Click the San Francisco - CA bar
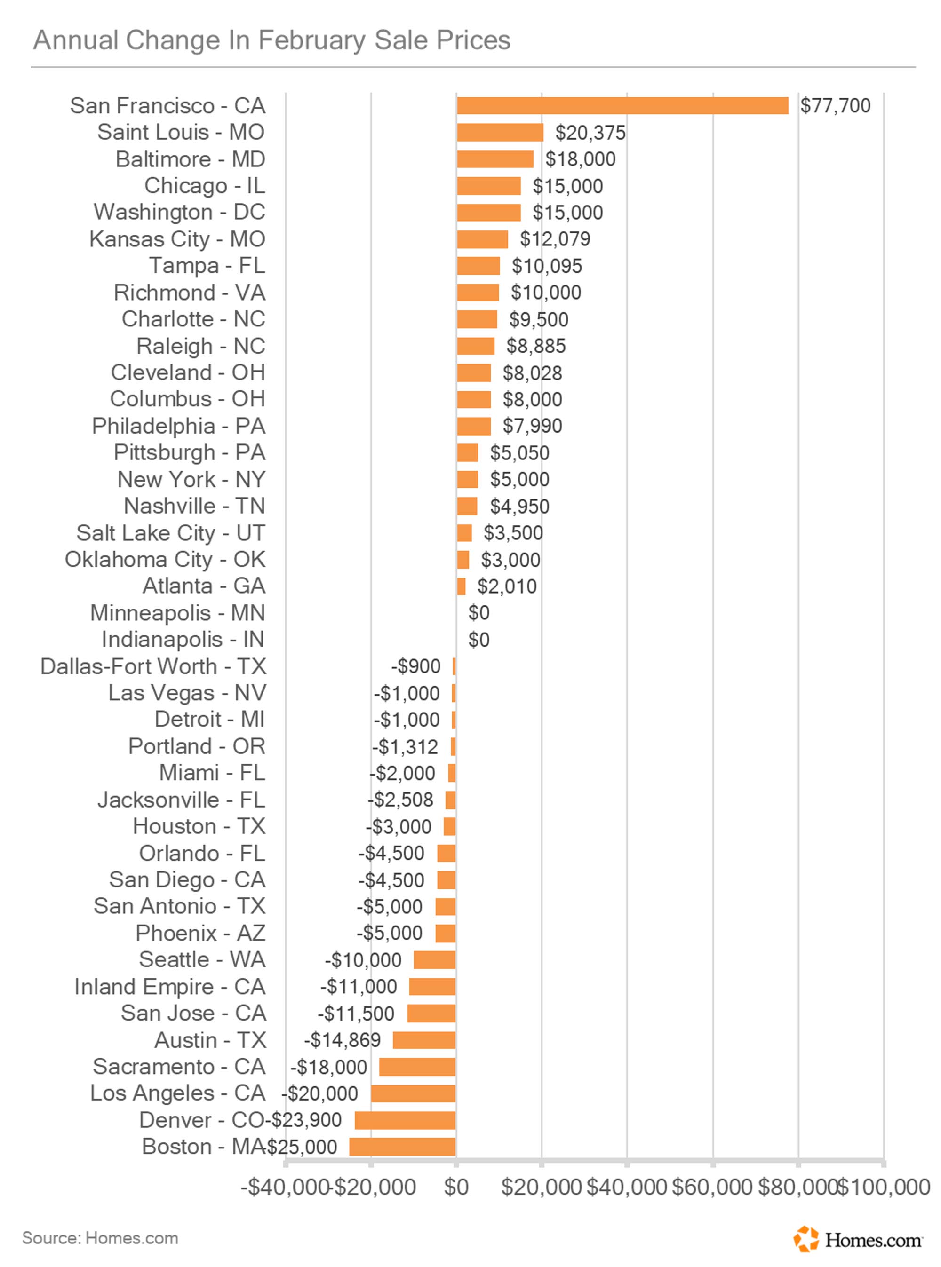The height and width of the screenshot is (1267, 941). pos(622,105)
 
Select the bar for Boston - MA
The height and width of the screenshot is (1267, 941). pos(402,1146)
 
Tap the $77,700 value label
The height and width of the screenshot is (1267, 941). pos(835,105)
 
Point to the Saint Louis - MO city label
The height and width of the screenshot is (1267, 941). pos(181,132)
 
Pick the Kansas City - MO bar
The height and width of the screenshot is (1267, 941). pos(482,239)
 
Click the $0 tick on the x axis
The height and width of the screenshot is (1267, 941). pos(456,1187)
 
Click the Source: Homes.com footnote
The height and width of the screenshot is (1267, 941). pos(100,1238)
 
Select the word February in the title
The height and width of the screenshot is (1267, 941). pos(312,40)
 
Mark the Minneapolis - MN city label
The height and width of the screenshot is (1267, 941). pos(178,613)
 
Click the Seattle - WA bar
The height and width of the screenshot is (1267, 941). pos(435,960)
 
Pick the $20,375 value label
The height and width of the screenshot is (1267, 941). pos(590,133)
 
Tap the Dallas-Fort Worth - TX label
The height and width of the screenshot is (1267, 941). pos(152,666)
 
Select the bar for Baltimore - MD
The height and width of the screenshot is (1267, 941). pos(495,159)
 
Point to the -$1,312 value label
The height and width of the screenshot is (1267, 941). pos(405,746)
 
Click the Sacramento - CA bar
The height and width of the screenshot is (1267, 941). pos(417,1067)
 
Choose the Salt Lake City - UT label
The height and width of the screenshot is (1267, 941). pos(171,533)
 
